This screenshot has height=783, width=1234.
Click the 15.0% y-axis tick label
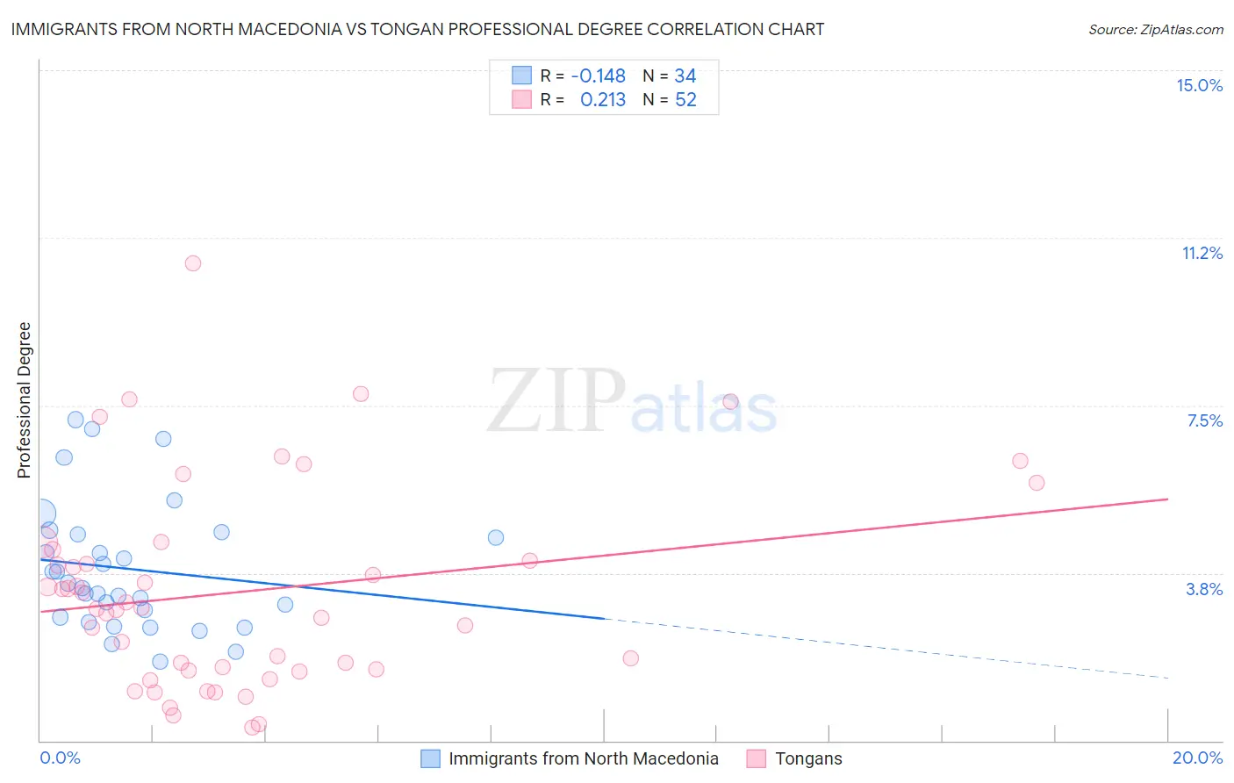click(1199, 85)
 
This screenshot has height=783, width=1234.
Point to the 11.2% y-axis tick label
click(1202, 253)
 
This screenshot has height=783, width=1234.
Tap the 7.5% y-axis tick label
click(1204, 420)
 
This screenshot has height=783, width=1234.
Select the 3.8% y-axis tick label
click(1204, 589)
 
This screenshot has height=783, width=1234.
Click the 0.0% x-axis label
click(60, 758)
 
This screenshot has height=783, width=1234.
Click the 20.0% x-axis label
click(1197, 758)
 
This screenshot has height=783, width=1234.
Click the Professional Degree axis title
click(24, 400)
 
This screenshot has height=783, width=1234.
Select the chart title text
click(418, 29)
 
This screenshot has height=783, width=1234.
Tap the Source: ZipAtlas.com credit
click(1155, 29)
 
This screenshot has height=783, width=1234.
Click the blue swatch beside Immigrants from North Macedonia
click(430, 758)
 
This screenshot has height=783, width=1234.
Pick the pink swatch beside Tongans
click(757, 758)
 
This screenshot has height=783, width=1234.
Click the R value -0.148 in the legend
click(598, 75)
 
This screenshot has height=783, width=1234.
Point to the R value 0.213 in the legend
click(603, 100)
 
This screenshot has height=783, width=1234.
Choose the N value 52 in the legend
click(685, 100)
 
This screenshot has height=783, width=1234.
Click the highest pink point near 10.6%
click(193, 263)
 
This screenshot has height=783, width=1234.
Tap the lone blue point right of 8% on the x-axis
click(496, 537)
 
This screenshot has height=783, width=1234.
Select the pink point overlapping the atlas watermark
click(730, 402)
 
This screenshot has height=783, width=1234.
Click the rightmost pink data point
click(1037, 483)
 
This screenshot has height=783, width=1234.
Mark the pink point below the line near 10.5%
click(630, 658)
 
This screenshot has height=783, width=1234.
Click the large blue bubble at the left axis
click(42, 514)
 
